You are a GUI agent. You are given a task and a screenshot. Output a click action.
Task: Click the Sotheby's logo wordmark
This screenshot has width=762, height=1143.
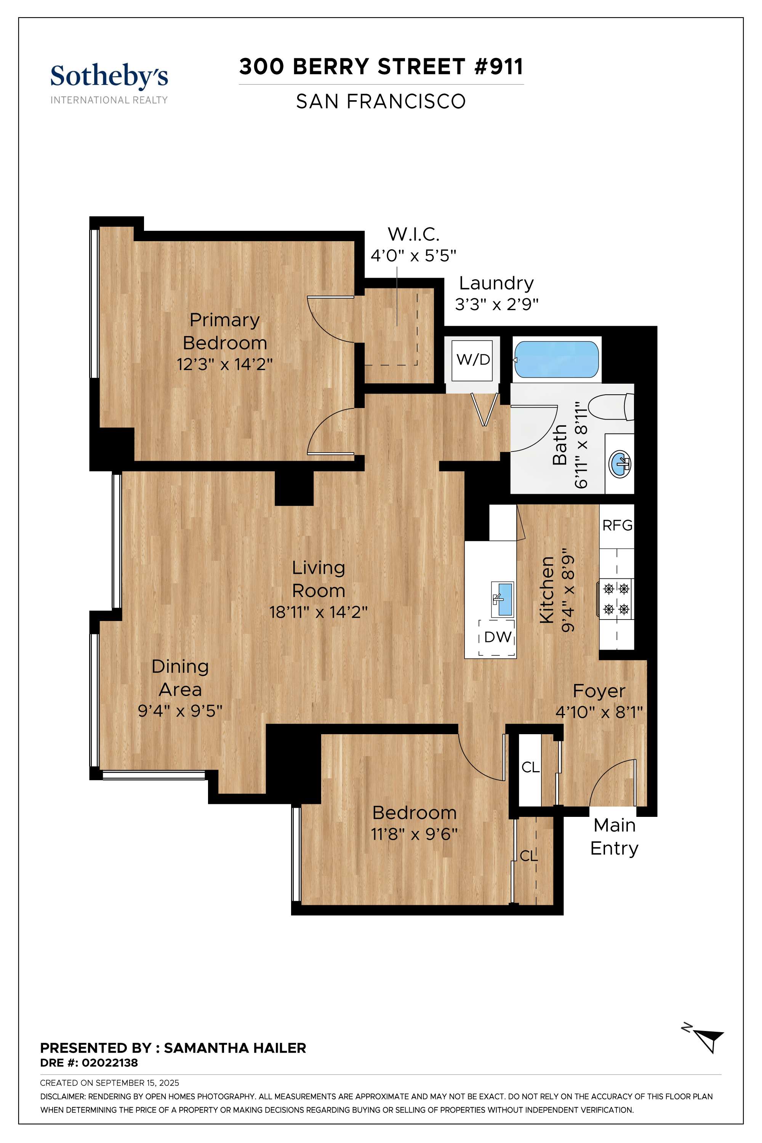(109, 76)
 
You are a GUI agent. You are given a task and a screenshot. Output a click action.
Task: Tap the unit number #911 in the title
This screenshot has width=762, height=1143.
(499, 67)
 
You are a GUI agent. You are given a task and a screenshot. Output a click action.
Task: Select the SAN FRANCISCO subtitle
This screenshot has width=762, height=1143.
(381, 102)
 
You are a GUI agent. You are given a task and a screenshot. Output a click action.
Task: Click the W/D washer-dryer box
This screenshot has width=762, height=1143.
(473, 360)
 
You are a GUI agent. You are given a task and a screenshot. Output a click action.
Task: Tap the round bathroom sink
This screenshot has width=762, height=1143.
(620, 464)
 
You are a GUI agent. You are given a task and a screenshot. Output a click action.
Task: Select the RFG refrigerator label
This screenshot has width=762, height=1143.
(617, 525)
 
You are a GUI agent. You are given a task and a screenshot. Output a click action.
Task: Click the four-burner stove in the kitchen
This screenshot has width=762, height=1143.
(616, 599)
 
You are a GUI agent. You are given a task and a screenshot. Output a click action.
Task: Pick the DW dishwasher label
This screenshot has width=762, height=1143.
(498, 637)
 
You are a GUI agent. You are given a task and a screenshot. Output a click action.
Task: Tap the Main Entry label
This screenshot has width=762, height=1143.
(614, 836)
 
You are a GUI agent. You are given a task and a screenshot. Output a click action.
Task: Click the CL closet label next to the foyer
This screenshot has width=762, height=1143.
(530, 767)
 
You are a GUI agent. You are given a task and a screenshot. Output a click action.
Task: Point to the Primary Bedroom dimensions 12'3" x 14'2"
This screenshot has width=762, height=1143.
(224, 364)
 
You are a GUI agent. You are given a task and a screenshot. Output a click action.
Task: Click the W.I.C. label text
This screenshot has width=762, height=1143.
(413, 234)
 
